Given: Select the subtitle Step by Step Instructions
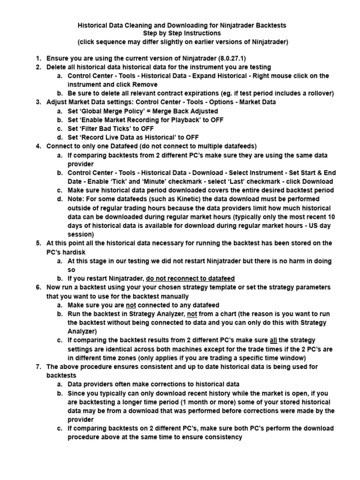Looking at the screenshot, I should coord(182,33).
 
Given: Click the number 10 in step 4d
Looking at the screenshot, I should coord(331,217).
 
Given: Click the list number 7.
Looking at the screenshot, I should coord(39,367).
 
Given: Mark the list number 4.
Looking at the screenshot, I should coord(39,146).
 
